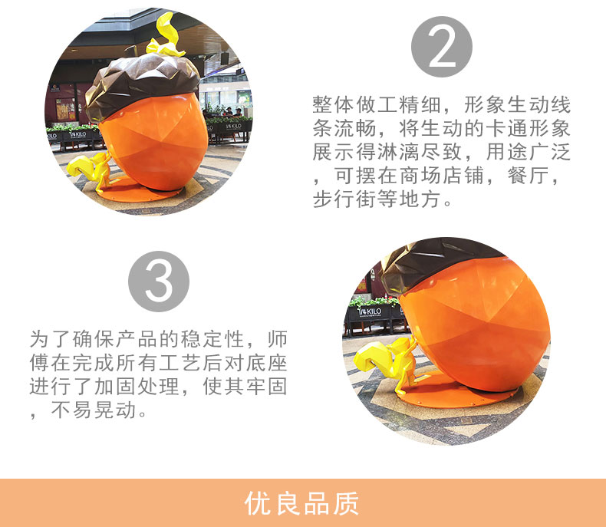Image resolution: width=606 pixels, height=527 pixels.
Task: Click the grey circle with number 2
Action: [x=441, y=47]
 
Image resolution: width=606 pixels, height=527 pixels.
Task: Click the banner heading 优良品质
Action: [x=302, y=503]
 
